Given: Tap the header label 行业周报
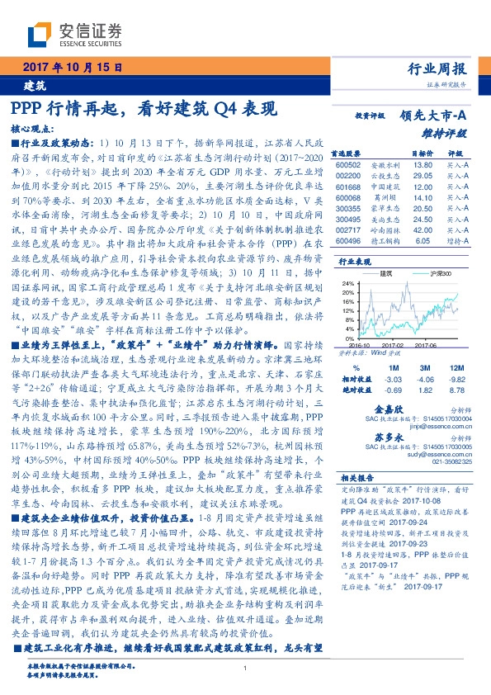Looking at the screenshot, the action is click(x=438, y=68).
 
